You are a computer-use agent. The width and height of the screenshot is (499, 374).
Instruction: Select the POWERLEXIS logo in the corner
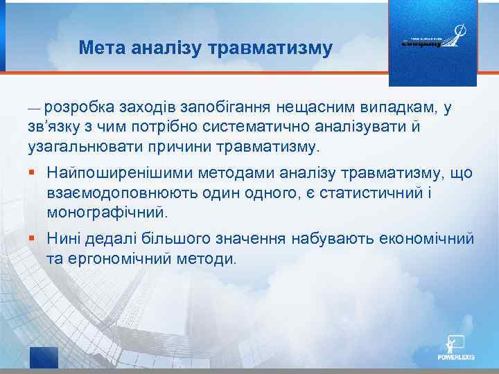click(x=457, y=349)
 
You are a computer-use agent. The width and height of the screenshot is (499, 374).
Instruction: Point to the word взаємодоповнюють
click(x=113, y=191)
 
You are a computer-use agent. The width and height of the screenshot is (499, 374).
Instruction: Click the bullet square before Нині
click(x=31, y=239)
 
